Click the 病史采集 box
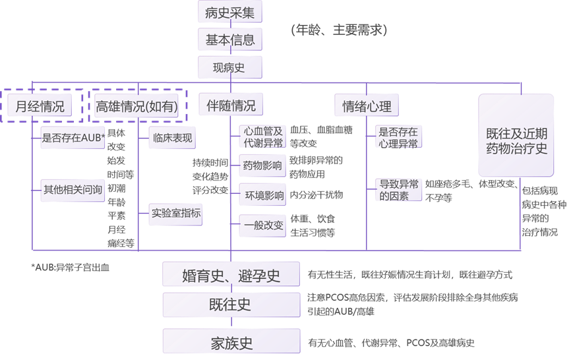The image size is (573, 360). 230,12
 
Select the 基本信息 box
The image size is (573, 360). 230,40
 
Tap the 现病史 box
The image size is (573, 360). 230,67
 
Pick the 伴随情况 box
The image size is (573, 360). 231,105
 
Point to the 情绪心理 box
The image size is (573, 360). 367,105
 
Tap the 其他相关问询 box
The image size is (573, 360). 73,189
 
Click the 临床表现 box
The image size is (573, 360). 171,138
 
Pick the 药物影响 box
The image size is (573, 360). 262,165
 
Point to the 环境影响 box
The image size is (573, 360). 262,195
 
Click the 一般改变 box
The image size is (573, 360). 262,225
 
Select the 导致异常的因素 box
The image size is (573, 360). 398,189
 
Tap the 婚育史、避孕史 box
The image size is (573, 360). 231,275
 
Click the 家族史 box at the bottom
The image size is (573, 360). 231,343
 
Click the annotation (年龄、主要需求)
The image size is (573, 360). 339,30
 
